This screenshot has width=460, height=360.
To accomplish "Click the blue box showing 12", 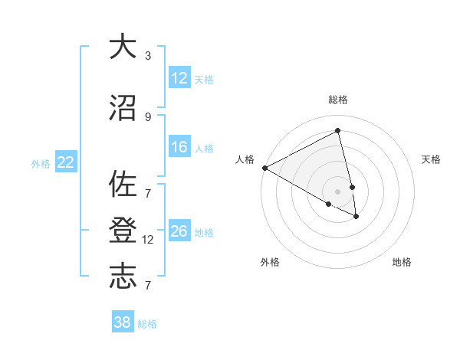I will pyautogui.click(x=179, y=78).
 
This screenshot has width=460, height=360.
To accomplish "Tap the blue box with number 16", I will pyautogui.click(x=179, y=148).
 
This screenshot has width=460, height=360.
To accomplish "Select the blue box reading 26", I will pyautogui.click(x=179, y=231).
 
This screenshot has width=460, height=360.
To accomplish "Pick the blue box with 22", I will pyautogui.click(x=66, y=162).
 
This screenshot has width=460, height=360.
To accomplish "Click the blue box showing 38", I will pyautogui.click(x=123, y=322).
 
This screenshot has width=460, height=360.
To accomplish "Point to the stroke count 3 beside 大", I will pyautogui.click(x=148, y=56).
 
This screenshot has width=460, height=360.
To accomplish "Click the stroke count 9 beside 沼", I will pyautogui.click(x=148, y=116).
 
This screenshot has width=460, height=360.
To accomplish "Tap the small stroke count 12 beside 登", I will pyautogui.click(x=148, y=240).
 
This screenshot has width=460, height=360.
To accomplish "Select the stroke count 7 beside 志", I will pyautogui.click(x=148, y=285).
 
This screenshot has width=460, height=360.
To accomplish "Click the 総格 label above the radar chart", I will pyautogui.click(x=338, y=100).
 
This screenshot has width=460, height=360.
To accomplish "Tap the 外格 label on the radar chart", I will pyautogui.click(x=270, y=262).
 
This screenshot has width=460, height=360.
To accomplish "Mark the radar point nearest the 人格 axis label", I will pyautogui.click(x=264, y=168).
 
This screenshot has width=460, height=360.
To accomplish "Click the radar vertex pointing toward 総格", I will pyautogui.click(x=338, y=131).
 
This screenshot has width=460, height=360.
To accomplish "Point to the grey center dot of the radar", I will pyautogui.click(x=338, y=191).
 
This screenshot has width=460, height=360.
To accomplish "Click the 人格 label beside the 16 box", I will pyautogui.click(x=204, y=149).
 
